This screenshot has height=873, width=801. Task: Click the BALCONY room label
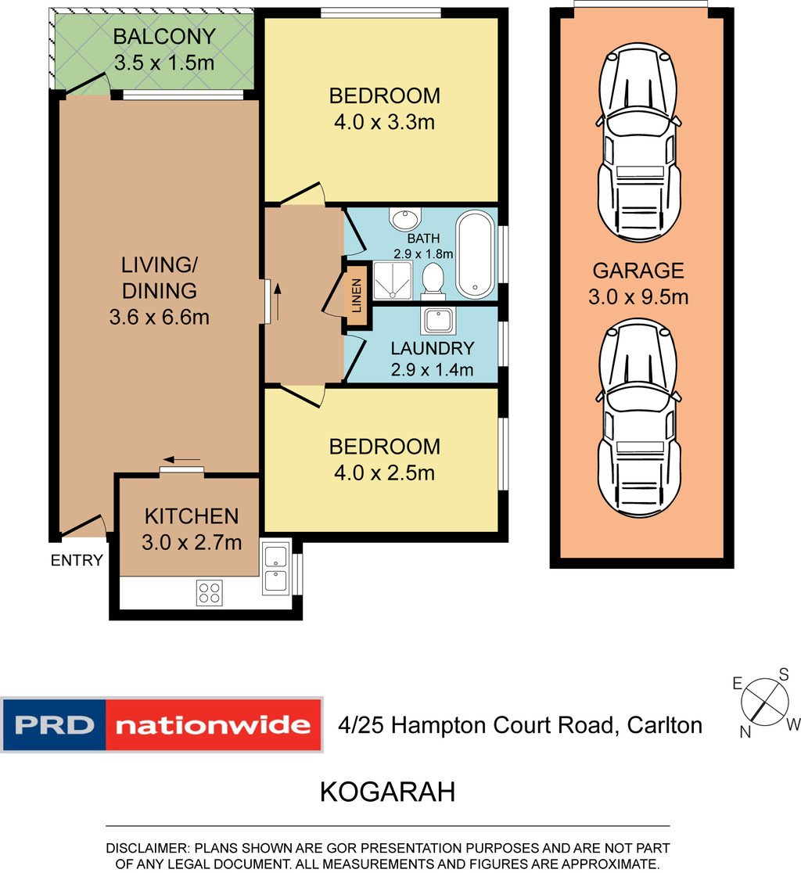pos(164,37)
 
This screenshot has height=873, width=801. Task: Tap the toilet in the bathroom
pos(433,278)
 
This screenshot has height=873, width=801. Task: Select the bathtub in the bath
pos(475,254)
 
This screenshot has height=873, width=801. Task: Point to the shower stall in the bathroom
pos(393,280)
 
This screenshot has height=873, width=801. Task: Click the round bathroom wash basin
pos(406,217)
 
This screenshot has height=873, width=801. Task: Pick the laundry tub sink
pos(438,320)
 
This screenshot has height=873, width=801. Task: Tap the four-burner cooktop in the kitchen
pos(210,592)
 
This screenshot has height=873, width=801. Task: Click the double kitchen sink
pos(276,568)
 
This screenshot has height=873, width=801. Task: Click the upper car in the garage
pos(639,142)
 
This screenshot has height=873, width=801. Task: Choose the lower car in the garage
pos(639,419)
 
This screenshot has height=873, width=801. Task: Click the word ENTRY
pos(77,560)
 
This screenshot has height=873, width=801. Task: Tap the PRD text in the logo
pos(55,725)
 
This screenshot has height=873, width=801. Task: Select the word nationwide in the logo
pos(213,725)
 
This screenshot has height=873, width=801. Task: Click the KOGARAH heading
pos(387,792)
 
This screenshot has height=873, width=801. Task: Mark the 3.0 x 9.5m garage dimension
pos(638,296)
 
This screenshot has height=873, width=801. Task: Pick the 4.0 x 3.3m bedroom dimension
pos(384,122)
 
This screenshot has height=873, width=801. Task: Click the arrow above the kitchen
pos(181,460)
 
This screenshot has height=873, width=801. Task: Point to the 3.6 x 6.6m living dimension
pos(160,318)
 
